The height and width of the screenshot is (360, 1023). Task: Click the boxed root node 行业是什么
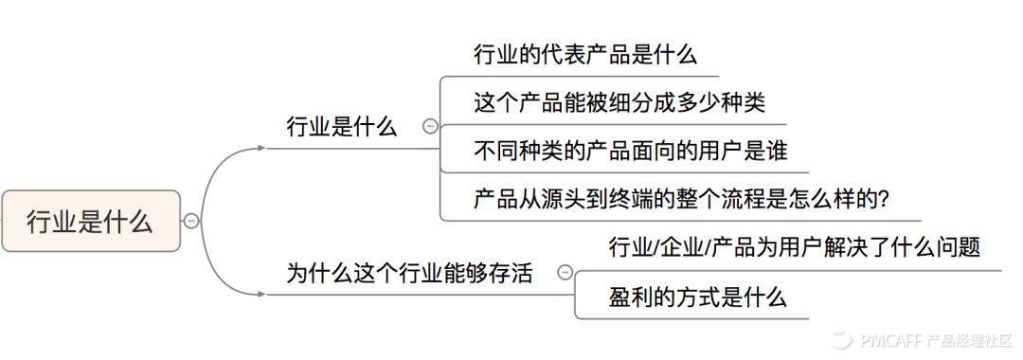90,222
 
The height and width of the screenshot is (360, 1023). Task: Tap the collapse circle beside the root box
191,221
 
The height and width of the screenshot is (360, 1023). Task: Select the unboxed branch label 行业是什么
341,127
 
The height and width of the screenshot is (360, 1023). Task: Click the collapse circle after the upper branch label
430,126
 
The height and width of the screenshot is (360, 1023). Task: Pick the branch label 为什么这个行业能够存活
409,274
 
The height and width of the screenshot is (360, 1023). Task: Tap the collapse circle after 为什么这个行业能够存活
565,273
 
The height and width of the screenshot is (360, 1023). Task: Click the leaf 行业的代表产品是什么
585,54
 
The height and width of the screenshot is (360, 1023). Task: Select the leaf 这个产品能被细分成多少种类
619,101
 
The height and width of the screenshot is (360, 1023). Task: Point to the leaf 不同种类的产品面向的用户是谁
630,150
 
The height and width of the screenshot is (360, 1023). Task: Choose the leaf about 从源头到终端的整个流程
680,199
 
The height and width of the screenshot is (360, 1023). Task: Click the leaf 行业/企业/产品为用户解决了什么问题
794,247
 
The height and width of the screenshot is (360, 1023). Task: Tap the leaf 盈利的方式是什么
697,297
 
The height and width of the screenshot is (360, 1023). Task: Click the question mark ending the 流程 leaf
883,200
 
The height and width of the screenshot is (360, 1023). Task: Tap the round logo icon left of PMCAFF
842,339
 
